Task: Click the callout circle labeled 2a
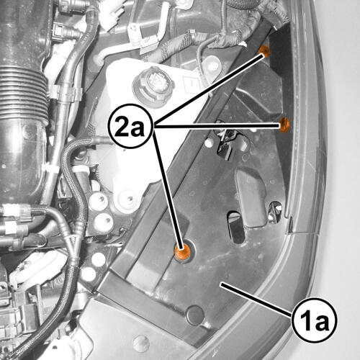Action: pyautogui.click(x=131, y=126)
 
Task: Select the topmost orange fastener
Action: pyautogui.click(x=264, y=50)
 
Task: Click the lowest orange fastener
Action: pyautogui.click(x=182, y=252)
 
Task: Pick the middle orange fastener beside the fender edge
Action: pyautogui.click(x=284, y=125)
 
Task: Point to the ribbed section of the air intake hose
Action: pyautogui.click(x=23, y=96)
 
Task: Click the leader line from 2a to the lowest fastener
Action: pyautogui.click(x=168, y=189)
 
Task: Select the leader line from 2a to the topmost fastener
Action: pyautogui.click(x=209, y=90)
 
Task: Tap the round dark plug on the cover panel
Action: pyautogui.click(x=195, y=315)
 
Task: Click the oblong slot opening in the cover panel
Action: pyautogui.click(x=236, y=228)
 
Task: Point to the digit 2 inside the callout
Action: pyautogui.click(x=122, y=126)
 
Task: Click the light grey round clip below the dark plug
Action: pyautogui.click(x=141, y=343)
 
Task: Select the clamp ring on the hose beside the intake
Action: pyautogui.click(x=65, y=93)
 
